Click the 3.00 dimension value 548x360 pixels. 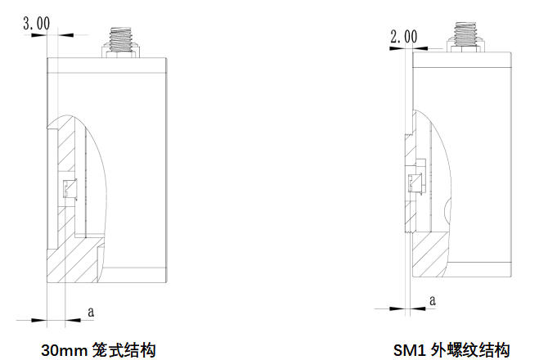pos(37,23)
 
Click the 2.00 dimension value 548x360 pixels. pos(404,36)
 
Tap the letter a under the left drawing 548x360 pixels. pos(91,312)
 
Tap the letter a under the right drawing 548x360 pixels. pos(433,300)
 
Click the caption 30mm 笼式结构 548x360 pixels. pos(98,350)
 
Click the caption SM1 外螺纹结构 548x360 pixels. pos(451,350)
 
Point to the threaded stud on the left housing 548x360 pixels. pos(121,40)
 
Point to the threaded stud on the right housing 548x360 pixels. pos(465,34)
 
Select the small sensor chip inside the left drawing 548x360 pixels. pos(70,189)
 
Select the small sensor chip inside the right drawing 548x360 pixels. pos(415,183)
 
